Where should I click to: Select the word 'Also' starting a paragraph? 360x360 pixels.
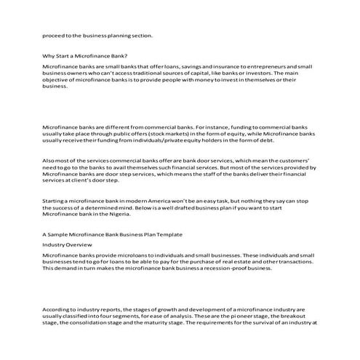pyautogui.click(x=49, y=159)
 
